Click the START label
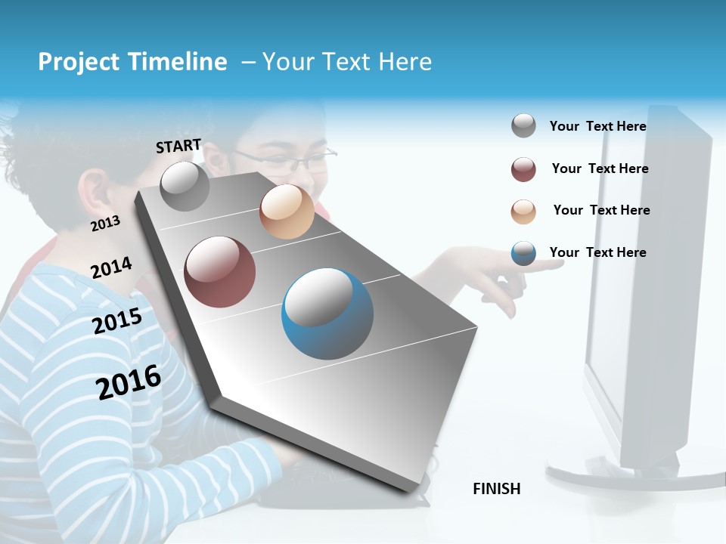pyautogui.click(x=178, y=146)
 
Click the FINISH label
pyautogui.click(x=497, y=489)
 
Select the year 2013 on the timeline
pyautogui.click(x=105, y=224)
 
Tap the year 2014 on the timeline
pyautogui.click(x=111, y=268)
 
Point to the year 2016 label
pyautogui.click(x=129, y=382)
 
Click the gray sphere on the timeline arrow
pyautogui.click(x=185, y=186)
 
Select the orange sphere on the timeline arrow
pyautogui.click(x=287, y=212)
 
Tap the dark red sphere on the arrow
pyautogui.click(x=219, y=272)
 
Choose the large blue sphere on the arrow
pyautogui.click(x=327, y=314)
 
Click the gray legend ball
pyautogui.click(x=523, y=126)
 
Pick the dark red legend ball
pyautogui.click(x=523, y=169)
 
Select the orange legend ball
pyautogui.click(x=523, y=212)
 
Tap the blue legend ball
pyautogui.click(x=523, y=253)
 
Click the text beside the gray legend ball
pyautogui.click(x=597, y=126)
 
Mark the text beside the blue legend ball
pyautogui.click(x=597, y=252)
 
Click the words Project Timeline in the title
pyautogui.click(x=132, y=62)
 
